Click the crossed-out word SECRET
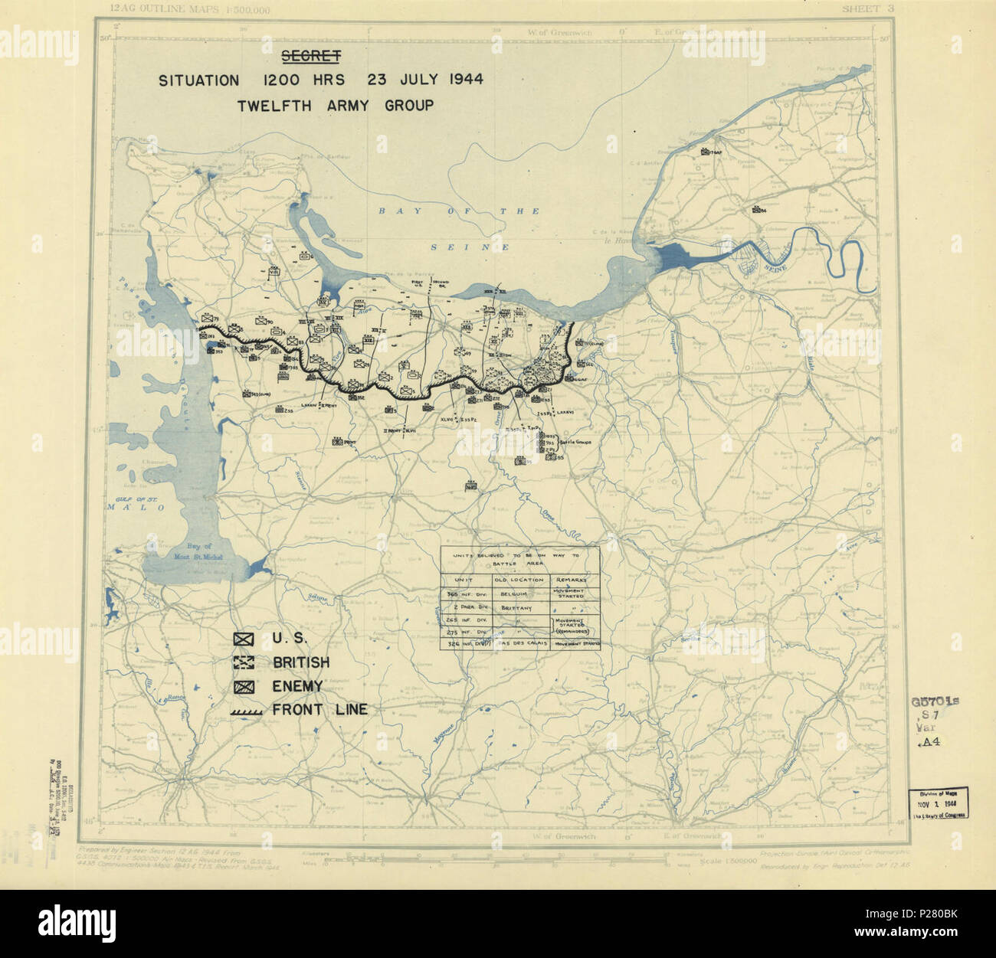point(310,56)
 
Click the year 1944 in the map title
point(456,80)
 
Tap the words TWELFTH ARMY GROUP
point(335,105)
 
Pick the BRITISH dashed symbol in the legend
point(244,662)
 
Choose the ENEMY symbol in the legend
point(244,686)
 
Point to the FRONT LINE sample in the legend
point(246,711)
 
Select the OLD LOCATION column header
point(519,579)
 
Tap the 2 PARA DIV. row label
point(466,605)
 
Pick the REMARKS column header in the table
point(573,579)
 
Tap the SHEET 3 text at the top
point(869,8)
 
